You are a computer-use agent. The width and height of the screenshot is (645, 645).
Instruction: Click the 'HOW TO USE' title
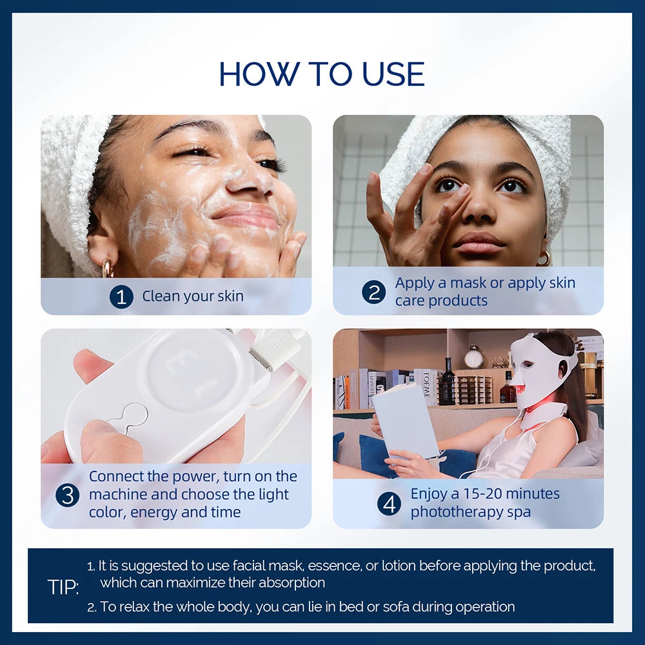[x=322, y=74]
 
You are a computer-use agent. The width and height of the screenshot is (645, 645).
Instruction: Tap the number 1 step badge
[x=121, y=297]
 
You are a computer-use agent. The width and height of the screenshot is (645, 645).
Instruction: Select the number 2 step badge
[x=373, y=292]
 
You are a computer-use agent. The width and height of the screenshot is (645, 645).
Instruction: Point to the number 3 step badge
[x=67, y=495]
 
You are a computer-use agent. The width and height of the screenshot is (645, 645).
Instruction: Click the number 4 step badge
[x=389, y=503]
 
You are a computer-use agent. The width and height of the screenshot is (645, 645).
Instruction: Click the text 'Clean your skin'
[x=193, y=297]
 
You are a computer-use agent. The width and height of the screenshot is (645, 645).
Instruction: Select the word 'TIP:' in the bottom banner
[x=63, y=587]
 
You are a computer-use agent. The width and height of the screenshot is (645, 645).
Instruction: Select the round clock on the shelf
[x=474, y=357]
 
